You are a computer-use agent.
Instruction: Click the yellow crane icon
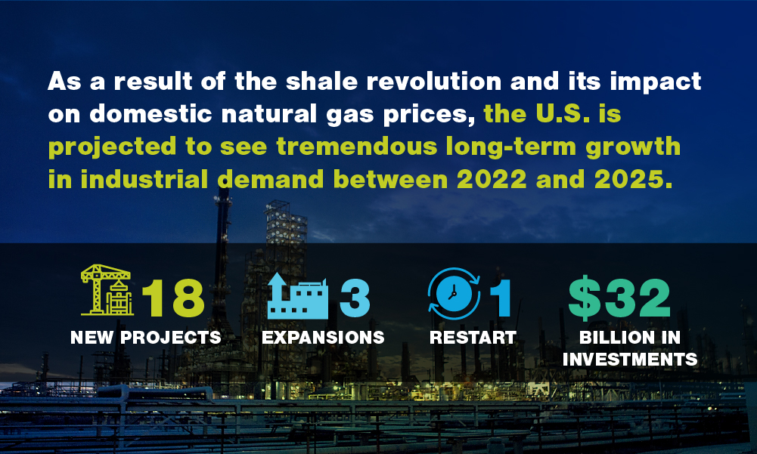(107, 290)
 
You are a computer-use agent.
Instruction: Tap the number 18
(173, 298)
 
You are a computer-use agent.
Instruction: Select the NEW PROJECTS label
(146, 337)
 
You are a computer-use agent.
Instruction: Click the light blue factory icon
(297, 296)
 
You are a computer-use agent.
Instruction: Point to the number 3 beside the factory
(355, 298)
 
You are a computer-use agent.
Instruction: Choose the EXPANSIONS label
(323, 337)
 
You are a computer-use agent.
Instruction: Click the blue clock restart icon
(454, 293)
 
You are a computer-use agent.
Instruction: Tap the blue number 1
(501, 298)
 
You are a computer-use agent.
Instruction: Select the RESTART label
(473, 337)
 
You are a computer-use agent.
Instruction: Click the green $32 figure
(619, 298)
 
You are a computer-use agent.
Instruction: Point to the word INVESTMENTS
(630, 360)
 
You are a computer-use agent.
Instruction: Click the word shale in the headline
(321, 81)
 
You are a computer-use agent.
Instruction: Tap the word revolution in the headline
(434, 81)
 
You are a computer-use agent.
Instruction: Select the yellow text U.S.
(563, 114)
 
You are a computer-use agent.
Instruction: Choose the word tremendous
(357, 147)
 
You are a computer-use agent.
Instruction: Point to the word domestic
(150, 114)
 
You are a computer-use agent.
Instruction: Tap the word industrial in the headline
(144, 180)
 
